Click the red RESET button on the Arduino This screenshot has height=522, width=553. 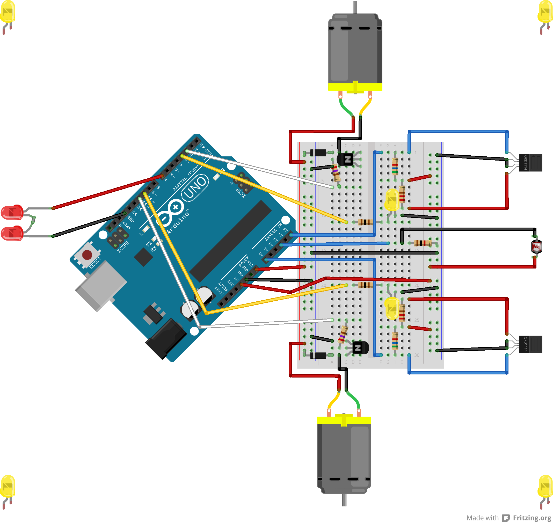click(87, 254)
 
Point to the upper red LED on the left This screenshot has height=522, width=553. click(12, 212)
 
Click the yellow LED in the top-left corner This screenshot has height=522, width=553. click(8, 12)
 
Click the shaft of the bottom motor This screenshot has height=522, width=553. click(344, 500)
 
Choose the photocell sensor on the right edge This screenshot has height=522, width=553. click(536, 247)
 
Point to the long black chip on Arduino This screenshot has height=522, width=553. click(230, 241)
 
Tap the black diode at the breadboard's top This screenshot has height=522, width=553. click(318, 153)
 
